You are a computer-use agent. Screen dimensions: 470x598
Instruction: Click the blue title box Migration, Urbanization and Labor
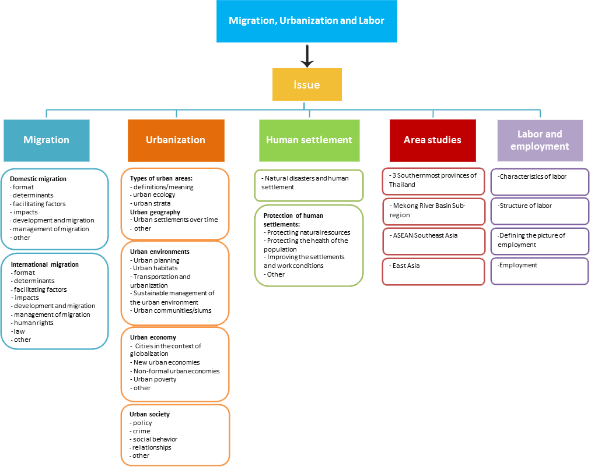(x=306, y=21)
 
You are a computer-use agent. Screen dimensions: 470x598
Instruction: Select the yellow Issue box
(x=306, y=84)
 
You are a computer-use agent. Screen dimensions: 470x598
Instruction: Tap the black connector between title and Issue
(x=307, y=56)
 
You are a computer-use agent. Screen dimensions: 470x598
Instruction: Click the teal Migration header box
(x=47, y=140)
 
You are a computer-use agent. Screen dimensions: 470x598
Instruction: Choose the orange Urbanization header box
(x=176, y=140)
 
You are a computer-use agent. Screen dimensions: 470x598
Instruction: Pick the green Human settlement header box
(x=309, y=140)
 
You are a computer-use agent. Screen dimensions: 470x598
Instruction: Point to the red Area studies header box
(x=432, y=140)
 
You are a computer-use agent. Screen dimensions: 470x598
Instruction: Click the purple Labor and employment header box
(x=540, y=140)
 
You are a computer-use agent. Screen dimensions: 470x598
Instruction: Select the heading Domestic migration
(x=39, y=179)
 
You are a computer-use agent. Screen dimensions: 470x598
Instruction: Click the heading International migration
(x=44, y=264)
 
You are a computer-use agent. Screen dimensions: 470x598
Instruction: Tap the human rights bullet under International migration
(x=33, y=323)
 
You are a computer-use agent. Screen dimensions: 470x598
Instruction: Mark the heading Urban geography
(x=155, y=212)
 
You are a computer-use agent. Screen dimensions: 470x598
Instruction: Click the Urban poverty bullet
(x=155, y=379)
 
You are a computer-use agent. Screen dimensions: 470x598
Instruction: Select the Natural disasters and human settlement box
(x=309, y=183)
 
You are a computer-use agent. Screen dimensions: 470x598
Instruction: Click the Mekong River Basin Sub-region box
(x=433, y=211)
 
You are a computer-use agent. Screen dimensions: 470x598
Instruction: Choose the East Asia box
(x=433, y=271)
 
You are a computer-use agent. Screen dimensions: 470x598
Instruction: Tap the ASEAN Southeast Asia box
(x=433, y=241)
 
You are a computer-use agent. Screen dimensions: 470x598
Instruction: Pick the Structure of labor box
(x=540, y=211)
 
